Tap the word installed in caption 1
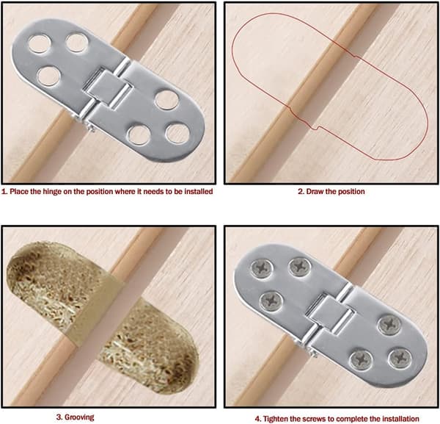point(199,192)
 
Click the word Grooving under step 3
point(79,417)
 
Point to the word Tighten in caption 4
point(276,419)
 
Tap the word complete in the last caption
point(356,419)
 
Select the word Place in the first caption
point(18,192)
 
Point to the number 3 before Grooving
point(59,417)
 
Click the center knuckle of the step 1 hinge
point(109,89)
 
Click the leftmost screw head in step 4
point(262,269)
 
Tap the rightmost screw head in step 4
point(400,359)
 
